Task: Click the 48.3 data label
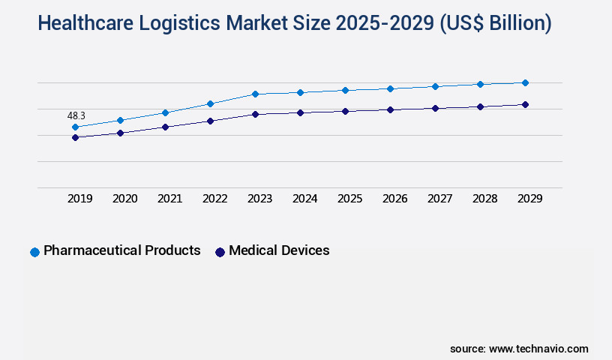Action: click(x=76, y=115)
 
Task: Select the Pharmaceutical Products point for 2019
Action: click(x=75, y=127)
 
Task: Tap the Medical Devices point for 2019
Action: click(x=75, y=137)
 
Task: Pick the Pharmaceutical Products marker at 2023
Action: click(x=255, y=94)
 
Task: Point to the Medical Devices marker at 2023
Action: click(x=255, y=114)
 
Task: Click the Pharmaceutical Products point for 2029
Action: click(x=525, y=82)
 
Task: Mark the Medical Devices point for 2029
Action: click(x=525, y=104)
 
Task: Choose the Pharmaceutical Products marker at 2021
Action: click(x=165, y=112)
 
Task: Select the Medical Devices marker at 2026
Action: click(x=390, y=109)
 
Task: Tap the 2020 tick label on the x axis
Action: click(x=124, y=199)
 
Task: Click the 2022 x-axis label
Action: click(x=214, y=199)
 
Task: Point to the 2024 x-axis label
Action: click(x=304, y=199)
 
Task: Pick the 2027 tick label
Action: click(x=439, y=199)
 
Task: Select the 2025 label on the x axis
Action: click(x=349, y=199)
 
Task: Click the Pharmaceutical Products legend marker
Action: click(x=34, y=252)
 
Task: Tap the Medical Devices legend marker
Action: click(x=220, y=252)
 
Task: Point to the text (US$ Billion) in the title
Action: click(x=496, y=23)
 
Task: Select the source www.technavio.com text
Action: click(x=519, y=349)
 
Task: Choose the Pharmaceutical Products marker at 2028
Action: click(x=480, y=84)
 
